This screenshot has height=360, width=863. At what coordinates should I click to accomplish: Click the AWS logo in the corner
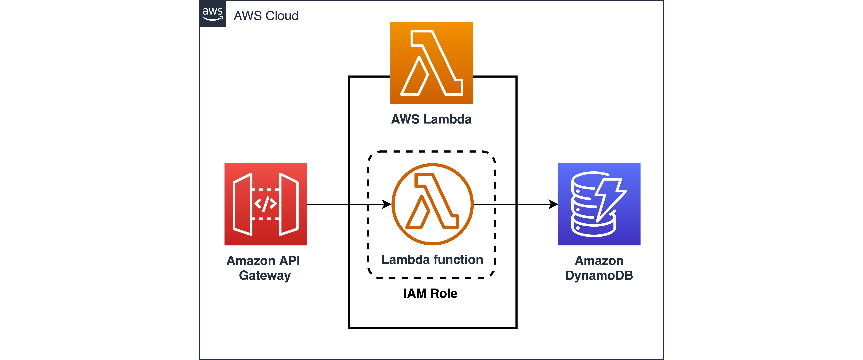212,14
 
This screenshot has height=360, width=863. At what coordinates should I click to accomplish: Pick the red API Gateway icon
265,204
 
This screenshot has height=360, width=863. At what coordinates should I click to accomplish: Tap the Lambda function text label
432,260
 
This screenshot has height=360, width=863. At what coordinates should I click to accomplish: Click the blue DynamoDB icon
599,204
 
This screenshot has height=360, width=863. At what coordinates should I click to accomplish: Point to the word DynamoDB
599,276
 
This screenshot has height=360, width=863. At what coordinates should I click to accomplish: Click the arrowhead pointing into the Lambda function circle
387,204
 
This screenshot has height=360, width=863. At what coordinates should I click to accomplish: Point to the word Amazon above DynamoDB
599,261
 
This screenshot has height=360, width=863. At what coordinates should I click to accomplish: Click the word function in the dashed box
459,260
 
